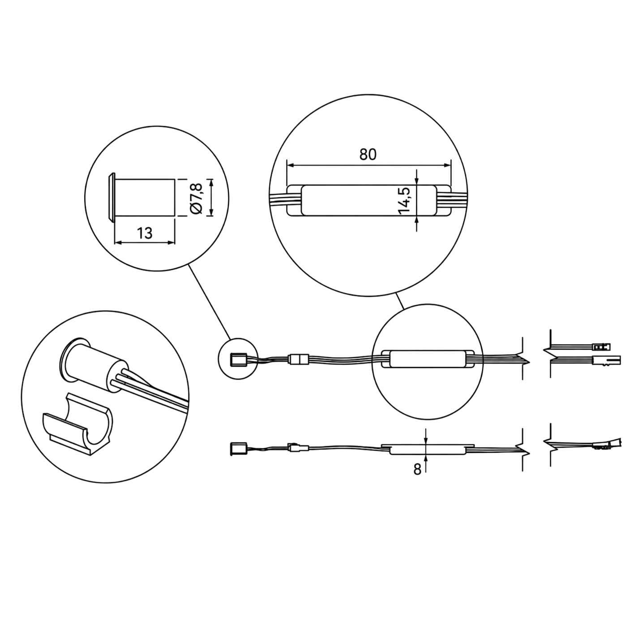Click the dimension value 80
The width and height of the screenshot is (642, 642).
(368, 154)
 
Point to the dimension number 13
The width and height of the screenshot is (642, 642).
(144, 233)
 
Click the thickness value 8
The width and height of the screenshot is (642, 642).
(417, 470)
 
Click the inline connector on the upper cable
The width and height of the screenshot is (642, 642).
(299, 360)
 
